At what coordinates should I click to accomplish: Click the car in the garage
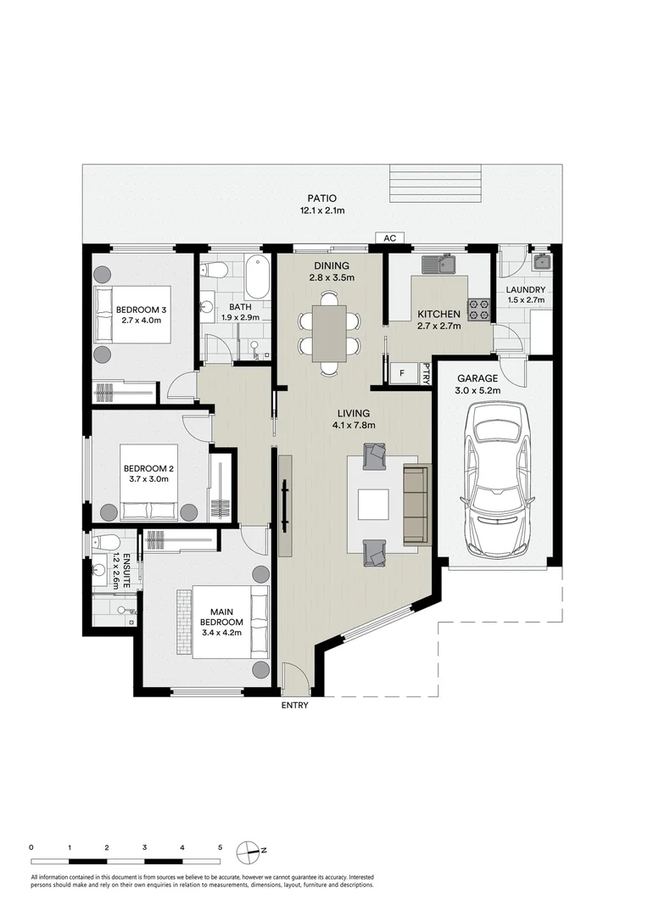[x=497, y=479]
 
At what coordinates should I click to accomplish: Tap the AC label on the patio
[x=390, y=237]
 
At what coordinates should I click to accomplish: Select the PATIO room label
[x=322, y=198]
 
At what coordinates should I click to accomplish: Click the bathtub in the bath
[x=256, y=276]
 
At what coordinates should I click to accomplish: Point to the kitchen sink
[x=439, y=265]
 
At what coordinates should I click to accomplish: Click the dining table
[x=329, y=333]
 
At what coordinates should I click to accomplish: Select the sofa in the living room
[x=416, y=504]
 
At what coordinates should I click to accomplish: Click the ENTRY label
[x=294, y=705]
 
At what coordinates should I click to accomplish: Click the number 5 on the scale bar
[x=221, y=847]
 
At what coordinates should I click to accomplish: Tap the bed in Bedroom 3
[x=134, y=315]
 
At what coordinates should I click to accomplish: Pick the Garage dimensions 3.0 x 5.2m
[x=478, y=391]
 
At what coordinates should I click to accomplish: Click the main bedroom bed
[x=223, y=623]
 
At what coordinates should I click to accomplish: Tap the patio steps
[x=437, y=183]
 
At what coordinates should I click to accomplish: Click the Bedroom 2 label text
[x=148, y=468]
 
